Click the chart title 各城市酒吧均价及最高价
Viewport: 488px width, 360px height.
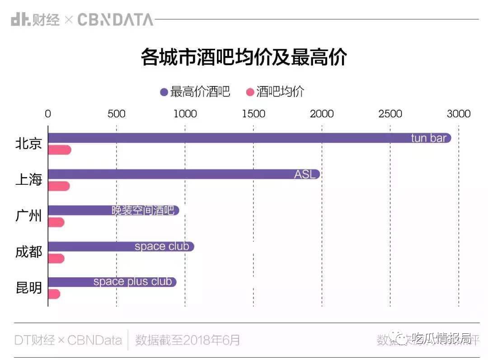244,58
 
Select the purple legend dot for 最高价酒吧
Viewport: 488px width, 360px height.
164,92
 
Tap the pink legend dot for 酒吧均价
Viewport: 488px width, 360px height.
250,92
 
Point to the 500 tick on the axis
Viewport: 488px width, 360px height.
116,114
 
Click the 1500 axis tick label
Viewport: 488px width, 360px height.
253,114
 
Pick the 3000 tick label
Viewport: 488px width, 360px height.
458,114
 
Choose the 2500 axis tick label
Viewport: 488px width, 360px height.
390,114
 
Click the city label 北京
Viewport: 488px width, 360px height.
28,144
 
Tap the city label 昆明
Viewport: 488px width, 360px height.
28,288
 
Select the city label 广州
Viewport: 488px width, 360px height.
28,216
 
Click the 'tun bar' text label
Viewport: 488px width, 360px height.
428,138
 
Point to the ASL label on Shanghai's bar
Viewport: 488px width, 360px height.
305,174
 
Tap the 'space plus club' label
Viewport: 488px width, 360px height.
132,282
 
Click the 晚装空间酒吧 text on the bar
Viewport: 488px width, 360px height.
143,210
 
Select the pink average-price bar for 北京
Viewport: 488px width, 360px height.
60,150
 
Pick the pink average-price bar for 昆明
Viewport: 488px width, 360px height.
54,294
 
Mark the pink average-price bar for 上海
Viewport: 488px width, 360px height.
59,186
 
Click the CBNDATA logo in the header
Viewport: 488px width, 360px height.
115,20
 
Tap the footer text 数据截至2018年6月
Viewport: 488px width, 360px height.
188,340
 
